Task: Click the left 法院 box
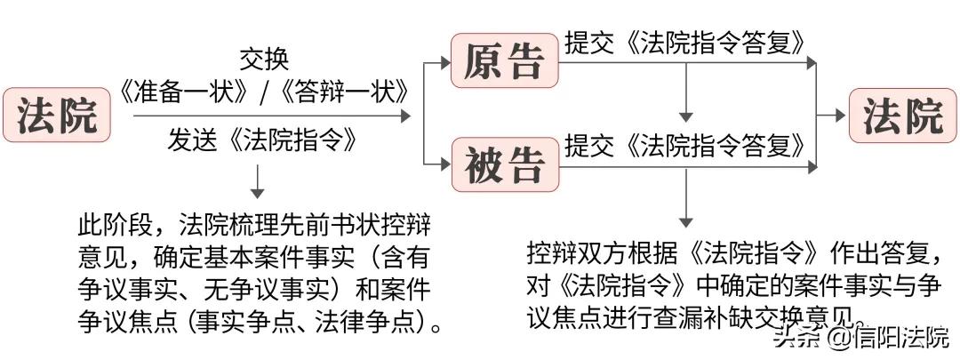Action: [56, 116]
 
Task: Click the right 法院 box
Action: [903, 116]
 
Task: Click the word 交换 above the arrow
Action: [264, 60]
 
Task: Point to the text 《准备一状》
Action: [182, 91]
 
